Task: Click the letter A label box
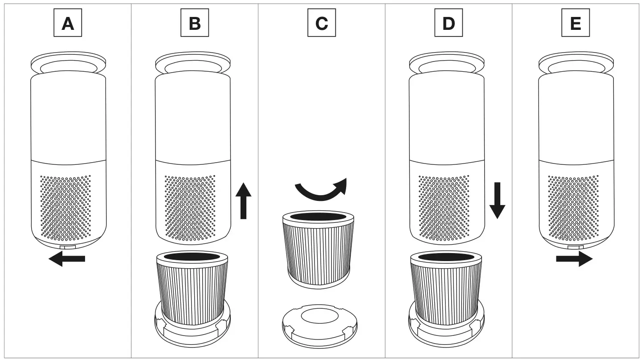[68, 23]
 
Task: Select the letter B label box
[195, 23]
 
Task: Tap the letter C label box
[322, 23]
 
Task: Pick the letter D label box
[449, 23]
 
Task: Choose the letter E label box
[576, 23]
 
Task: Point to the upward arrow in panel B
[243, 201]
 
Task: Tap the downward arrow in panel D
[497, 200]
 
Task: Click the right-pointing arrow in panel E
[574, 259]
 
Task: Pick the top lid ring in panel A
[68, 62]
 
